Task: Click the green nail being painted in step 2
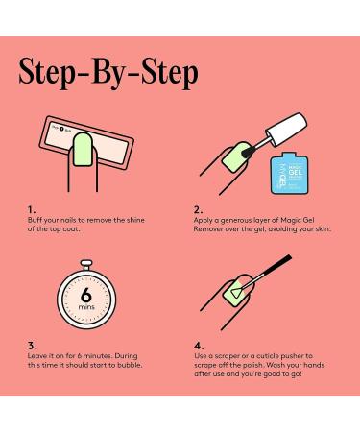click(x=234, y=155)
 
